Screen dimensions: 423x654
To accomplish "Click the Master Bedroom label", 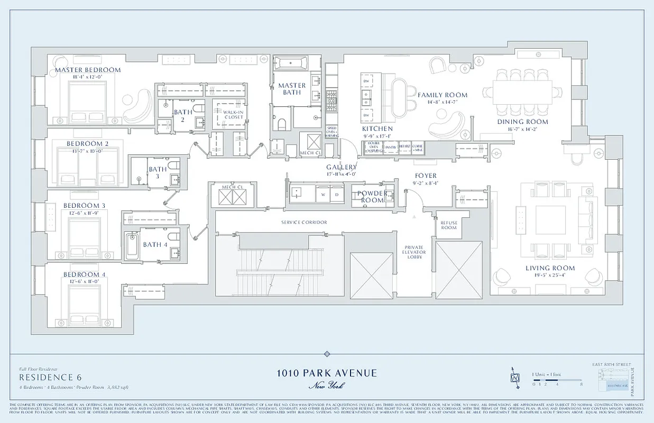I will [x=88, y=70].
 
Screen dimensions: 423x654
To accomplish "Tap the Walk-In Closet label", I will [x=227, y=114].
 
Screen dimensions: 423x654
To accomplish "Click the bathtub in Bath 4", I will [x=132, y=245].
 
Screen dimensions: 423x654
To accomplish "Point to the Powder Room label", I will [x=372, y=197].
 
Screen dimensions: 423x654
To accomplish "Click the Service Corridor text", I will [x=304, y=223].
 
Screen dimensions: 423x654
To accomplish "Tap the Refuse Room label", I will [x=449, y=225].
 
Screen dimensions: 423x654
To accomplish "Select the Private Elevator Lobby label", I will [x=415, y=253].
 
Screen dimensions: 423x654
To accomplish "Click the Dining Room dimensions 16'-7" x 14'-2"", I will [x=522, y=128].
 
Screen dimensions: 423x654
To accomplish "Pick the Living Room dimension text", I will [x=550, y=275].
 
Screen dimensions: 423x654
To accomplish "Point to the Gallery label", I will [x=341, y=167].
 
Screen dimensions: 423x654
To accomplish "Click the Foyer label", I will [x=426, y=176].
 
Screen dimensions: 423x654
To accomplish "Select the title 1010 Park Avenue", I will [x=327, y=373].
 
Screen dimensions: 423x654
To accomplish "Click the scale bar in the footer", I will [x=556, y=381].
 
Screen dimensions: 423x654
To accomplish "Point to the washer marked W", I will [x=322, y=194].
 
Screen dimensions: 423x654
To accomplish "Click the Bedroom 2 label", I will [x=88, y=144].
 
